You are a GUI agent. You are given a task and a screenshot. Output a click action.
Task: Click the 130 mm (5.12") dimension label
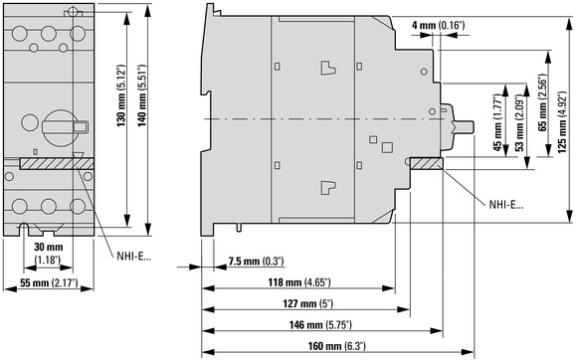121,96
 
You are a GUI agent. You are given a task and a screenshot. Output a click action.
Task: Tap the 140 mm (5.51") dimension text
142,95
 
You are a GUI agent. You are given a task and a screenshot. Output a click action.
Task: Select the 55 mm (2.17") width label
49,282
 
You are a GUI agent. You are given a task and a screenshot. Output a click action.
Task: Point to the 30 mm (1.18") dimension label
48,253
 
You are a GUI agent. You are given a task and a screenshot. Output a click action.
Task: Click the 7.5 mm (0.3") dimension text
256,262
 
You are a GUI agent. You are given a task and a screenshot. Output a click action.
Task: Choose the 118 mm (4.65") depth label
299,282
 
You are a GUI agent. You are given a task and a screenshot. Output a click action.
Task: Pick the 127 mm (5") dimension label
307,303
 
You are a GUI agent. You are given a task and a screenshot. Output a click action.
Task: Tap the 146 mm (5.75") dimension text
320,325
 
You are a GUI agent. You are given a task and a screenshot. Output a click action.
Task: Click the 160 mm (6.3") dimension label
336,346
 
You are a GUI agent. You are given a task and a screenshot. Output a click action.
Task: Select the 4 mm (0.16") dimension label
438,26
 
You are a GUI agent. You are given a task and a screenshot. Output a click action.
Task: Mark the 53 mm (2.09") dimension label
519,123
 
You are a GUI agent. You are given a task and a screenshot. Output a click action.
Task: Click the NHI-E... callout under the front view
133,256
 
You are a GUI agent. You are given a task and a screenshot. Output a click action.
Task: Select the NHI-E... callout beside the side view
505,205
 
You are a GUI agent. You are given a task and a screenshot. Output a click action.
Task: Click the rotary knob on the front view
61,127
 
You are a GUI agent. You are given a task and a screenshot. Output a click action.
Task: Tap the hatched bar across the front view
57,164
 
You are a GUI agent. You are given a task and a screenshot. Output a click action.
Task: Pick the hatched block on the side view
426,164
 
